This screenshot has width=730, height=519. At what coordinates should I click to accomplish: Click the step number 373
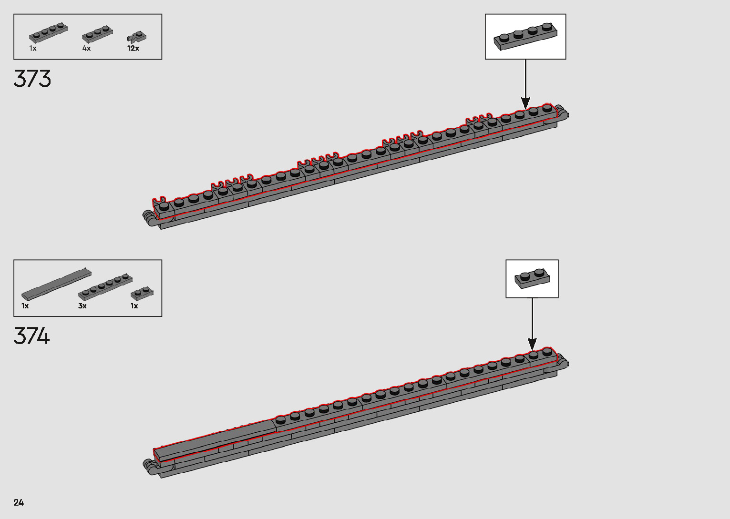pos(32,79)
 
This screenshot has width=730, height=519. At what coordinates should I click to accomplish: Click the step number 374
pos(32,336)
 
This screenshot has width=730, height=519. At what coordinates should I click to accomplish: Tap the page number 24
pos(19,502)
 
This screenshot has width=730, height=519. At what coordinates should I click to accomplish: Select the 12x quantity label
pos(133,48)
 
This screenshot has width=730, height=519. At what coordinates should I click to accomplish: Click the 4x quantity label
pos(86,48)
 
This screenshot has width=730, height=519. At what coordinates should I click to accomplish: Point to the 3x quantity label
pos(82,306)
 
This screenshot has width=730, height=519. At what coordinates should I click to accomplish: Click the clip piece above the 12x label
pos(137,37)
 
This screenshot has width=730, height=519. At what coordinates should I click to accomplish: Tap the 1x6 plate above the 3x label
pos(105,287)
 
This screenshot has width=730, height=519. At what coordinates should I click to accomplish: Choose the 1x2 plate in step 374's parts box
pos(142,292)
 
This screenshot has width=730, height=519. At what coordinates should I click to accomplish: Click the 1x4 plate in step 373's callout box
pos(525,36)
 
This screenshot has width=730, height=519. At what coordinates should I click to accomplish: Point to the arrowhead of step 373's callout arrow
pos(525,103)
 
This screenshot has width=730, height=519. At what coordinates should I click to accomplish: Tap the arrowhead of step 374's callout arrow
pos(532,345)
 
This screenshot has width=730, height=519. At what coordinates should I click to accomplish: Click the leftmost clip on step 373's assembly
pos(159,200)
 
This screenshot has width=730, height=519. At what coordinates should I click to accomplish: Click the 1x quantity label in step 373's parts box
pos(33,48)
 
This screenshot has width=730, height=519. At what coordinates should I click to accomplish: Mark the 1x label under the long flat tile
pos(25,306)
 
